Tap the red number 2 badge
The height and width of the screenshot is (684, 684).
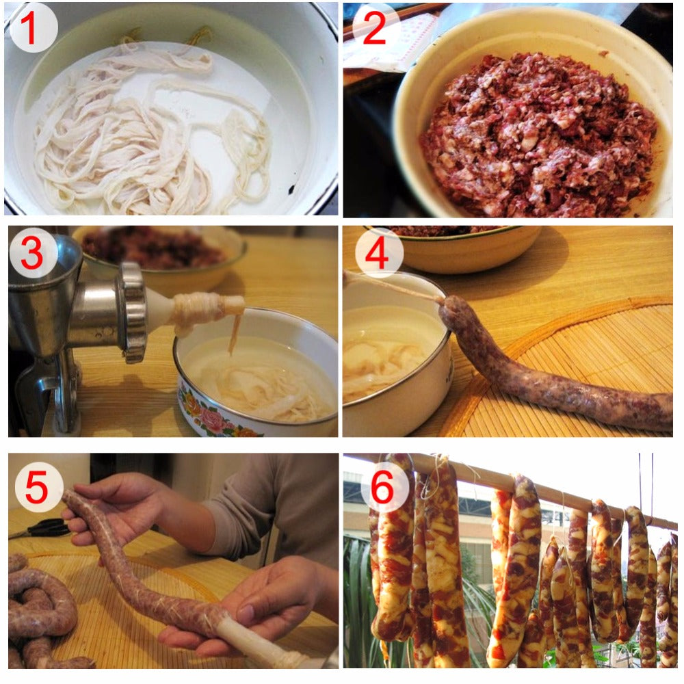[374, 28]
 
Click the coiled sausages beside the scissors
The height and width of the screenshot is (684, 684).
[41, 609]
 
